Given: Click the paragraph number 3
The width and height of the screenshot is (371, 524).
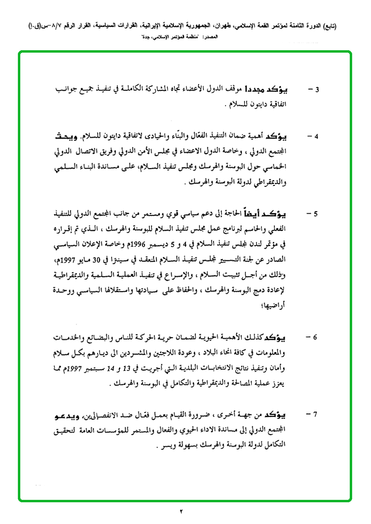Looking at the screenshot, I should [x=317, y=90].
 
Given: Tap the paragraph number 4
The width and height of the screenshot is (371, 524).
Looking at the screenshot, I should [x=317, y=136].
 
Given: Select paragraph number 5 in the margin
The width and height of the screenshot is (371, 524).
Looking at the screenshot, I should [x=317, y=213].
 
